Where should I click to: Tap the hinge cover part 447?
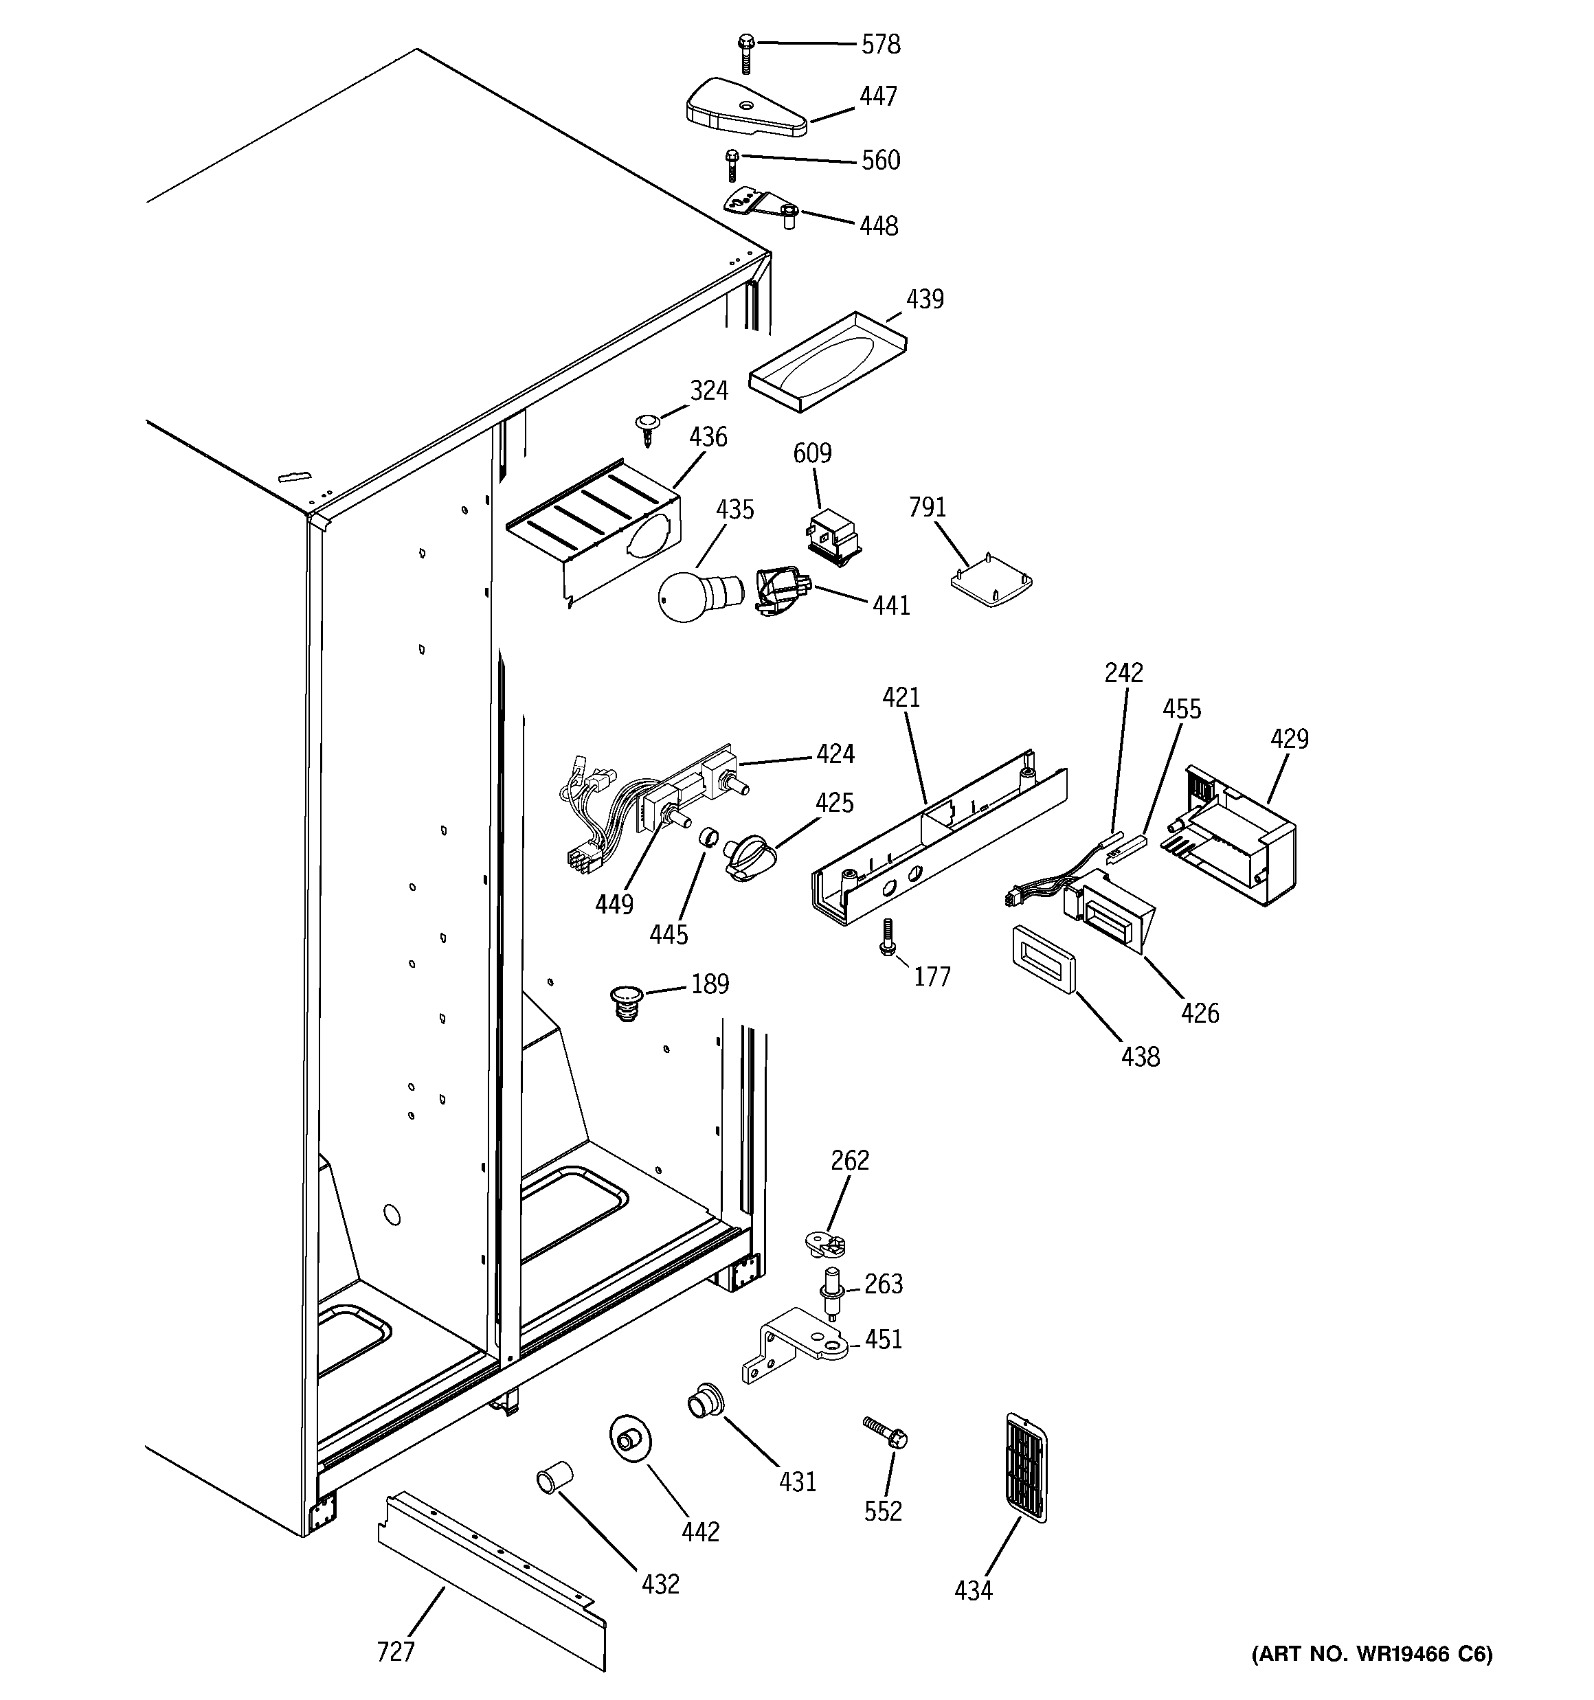[743, 108]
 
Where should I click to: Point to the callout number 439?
[924, 299]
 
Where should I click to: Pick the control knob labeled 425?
[746, 855]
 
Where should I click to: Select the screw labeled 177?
[887, 936]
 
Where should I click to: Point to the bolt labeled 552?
[885, 1431]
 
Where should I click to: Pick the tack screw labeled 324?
[649, 429]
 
